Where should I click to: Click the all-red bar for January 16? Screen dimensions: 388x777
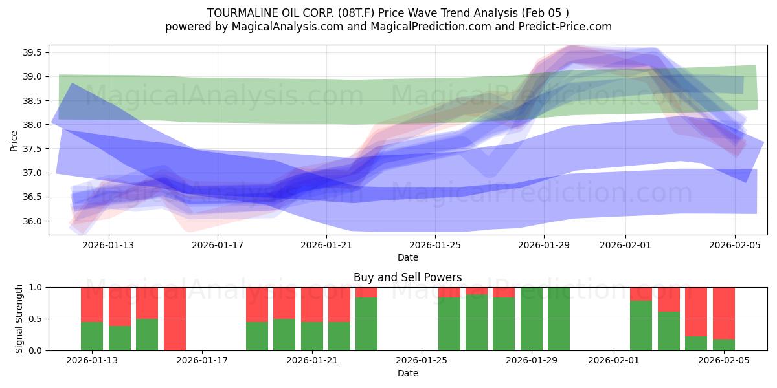pyautogui.click(x=175, y=319)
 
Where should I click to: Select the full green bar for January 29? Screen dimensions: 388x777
pyautogui.click(x=532, y=319)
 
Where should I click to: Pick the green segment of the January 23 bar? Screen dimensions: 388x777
pyautogui.click(x=366, y=324)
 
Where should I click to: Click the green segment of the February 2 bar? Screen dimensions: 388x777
pyautogui.click(x=641, y=326)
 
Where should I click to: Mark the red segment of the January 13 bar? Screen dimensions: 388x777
pyautogui.click(x=92, y=304)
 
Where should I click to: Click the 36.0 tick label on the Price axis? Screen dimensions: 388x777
pyautogui.click(x=32, y=221)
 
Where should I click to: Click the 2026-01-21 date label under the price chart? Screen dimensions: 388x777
pyautogui.click(x=326, y=245)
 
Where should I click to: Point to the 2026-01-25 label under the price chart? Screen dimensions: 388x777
pyautogui.click(x=434, y=245)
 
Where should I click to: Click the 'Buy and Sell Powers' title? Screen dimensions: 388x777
pyautogui.click(x=407, y=277)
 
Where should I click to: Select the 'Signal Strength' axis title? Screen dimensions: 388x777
pyautogui.click(x=19, y=319)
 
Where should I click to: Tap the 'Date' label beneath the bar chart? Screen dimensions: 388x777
pyautogui.click(x=407, y=373)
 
